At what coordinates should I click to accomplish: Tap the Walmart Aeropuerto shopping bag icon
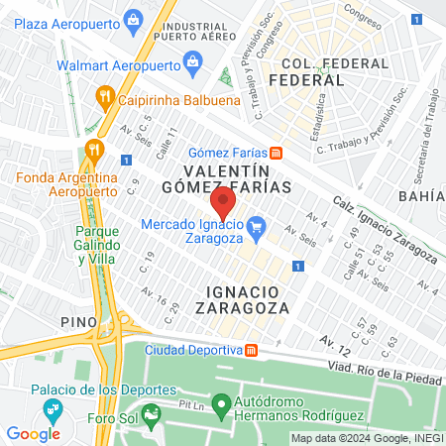tap(192, 64)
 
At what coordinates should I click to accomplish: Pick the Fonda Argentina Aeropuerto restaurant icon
tap(95, 150)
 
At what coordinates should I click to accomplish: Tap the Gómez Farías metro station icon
tap(277, 153)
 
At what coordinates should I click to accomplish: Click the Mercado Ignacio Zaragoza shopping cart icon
tap(256, 227)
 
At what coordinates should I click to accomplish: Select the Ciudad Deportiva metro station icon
tap(252, 350)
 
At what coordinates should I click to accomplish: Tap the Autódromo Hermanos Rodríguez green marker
tap(222, 403)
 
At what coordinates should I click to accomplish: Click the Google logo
tap(33, 433)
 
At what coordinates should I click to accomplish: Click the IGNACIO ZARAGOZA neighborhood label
tap(249, 298)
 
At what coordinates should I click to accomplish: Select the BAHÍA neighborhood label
tap(421, 196)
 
